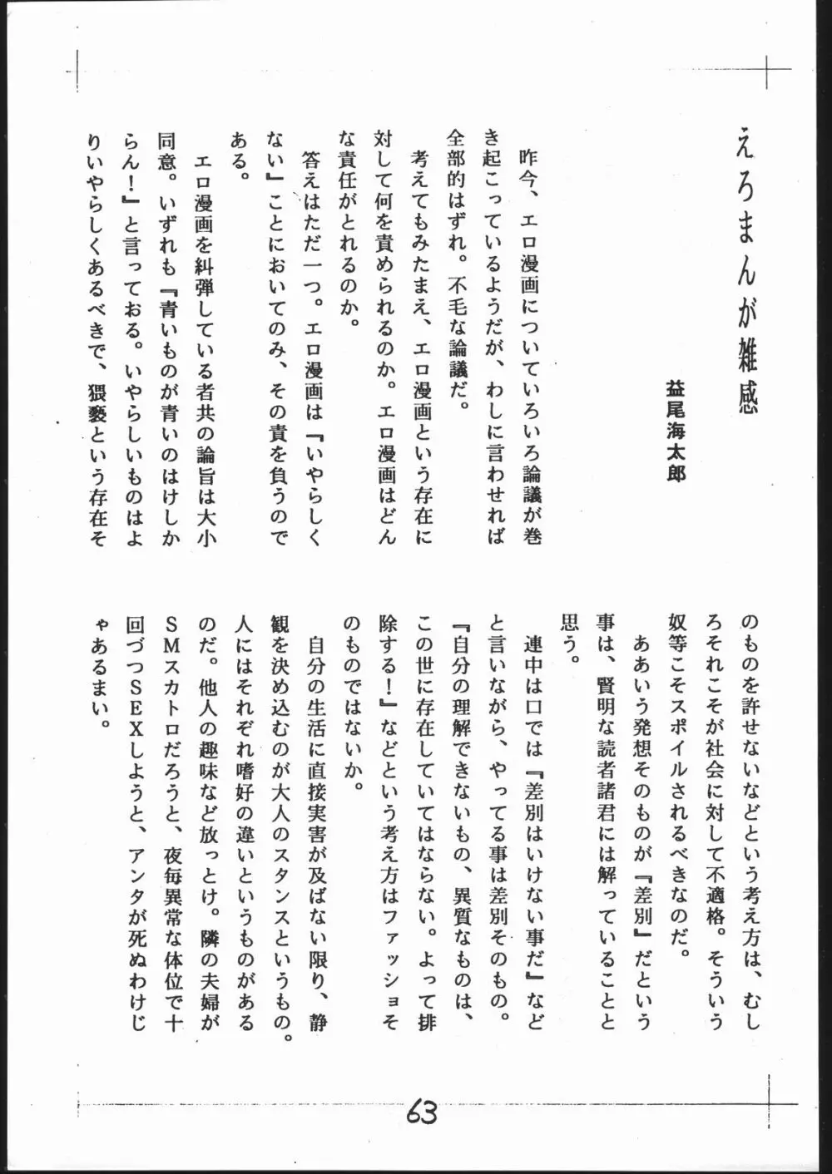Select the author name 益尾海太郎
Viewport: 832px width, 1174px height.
coord(676,432)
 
